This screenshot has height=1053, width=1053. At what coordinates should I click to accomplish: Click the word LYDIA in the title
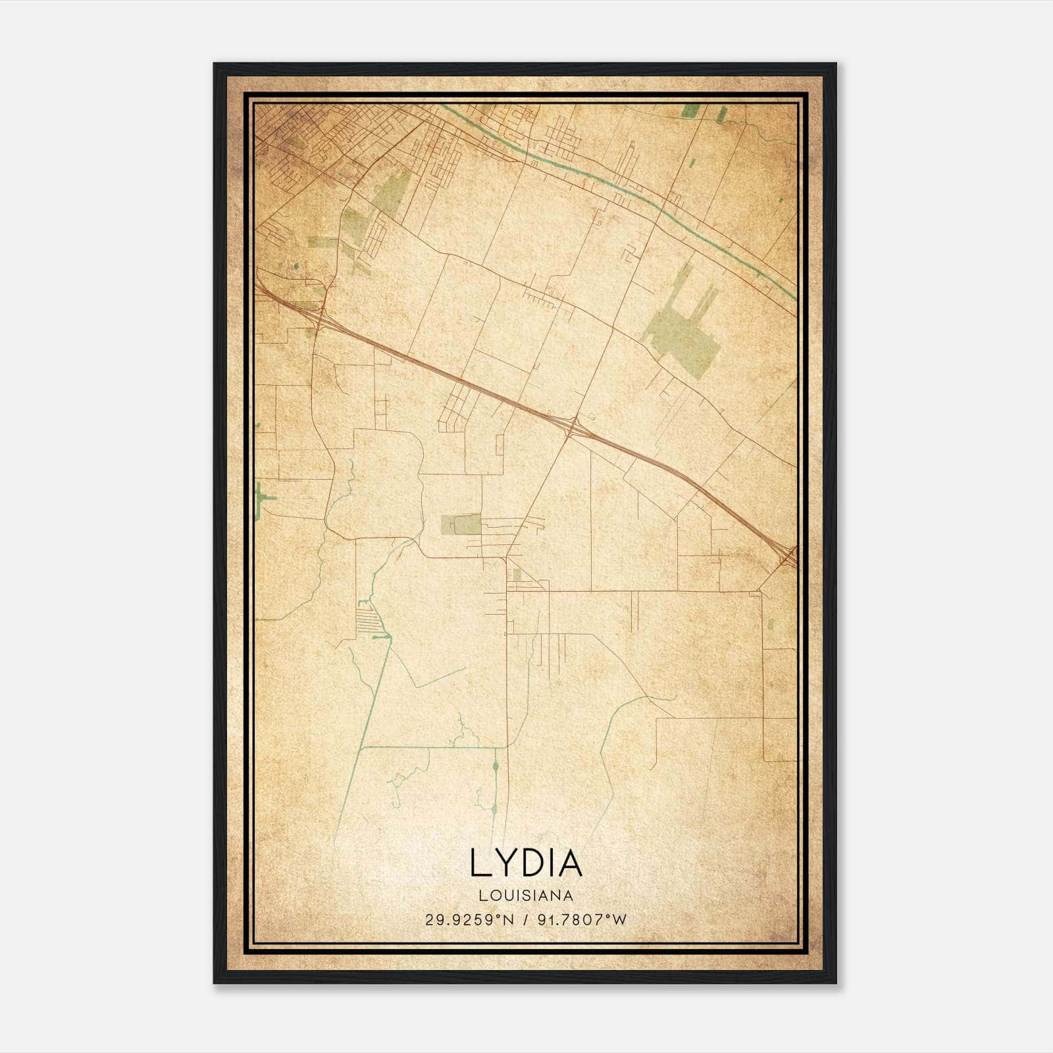coord(526,863)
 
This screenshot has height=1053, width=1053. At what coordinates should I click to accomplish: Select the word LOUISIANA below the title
coord(526,895)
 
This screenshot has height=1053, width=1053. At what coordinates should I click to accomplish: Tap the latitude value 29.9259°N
coord(468,919)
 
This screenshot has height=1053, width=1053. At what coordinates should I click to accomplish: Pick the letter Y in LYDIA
coord(504,863)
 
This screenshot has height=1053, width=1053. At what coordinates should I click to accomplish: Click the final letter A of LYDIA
coord(570,863)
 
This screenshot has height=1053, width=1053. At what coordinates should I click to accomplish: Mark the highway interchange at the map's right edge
coord(788,557)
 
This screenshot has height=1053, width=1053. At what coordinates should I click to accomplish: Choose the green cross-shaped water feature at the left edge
coord(263,498)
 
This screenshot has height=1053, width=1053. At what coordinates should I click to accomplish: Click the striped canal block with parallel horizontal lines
coord(367,619)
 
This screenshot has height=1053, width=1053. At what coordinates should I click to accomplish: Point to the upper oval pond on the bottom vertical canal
coord(495,767)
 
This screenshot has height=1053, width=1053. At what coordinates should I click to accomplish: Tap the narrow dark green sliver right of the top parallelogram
coord(721,115)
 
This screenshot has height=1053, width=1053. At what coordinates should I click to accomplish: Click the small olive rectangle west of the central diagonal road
coord(462,525)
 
